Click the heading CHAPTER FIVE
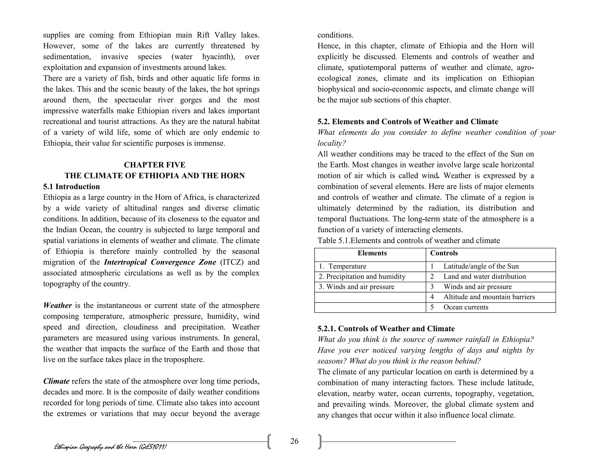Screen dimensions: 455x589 (154, 165)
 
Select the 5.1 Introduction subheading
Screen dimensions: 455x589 (71, 187)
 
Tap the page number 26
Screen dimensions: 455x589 (294, 441)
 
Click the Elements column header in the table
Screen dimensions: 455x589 (372, 253)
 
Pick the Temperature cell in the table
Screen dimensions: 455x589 (347, 266)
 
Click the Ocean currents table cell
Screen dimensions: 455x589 (466, 307)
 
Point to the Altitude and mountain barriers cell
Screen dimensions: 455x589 (489, 297)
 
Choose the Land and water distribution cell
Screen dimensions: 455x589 (484, 277)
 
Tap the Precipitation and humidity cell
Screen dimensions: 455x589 (362, 277)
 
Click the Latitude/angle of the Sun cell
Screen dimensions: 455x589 (481, 266)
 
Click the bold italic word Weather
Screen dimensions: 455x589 (58, 305)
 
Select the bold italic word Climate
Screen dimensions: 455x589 (56, 381)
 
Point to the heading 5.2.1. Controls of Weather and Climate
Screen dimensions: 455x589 (386, 329)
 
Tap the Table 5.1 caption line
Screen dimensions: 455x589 (408, 241)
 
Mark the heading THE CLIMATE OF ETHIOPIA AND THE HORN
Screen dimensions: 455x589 (154, 176)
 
